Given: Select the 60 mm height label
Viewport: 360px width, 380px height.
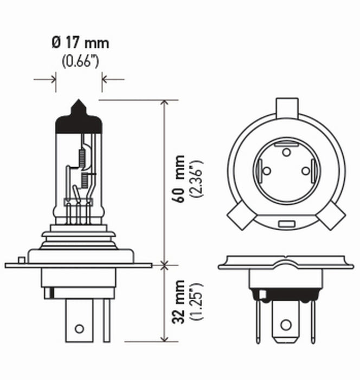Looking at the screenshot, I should (179, 179).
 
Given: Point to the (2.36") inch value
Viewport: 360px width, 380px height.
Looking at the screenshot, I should (198, 179).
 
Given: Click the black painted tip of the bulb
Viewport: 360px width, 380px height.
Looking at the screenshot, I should (79, 115).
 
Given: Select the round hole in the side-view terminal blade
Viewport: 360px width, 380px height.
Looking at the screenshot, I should (79, 328).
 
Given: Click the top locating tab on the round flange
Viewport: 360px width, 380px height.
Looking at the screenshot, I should (286, 108).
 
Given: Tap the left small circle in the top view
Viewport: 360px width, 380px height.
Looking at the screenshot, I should (266, 171).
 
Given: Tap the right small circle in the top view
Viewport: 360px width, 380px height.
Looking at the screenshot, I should (305, 171).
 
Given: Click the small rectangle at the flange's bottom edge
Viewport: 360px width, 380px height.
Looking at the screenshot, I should (285, 224).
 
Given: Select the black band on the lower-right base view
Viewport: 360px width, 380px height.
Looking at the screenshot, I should (285, 296).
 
